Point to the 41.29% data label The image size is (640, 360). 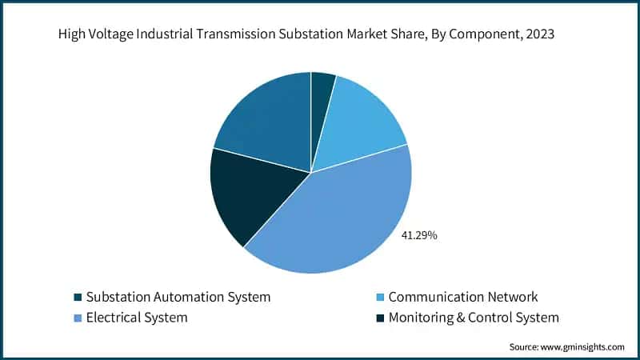tap(419, 236)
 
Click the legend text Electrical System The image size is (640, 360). tap(137, 318)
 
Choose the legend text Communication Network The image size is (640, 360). tap(463, 297)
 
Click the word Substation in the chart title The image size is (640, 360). tap(302, 35)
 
